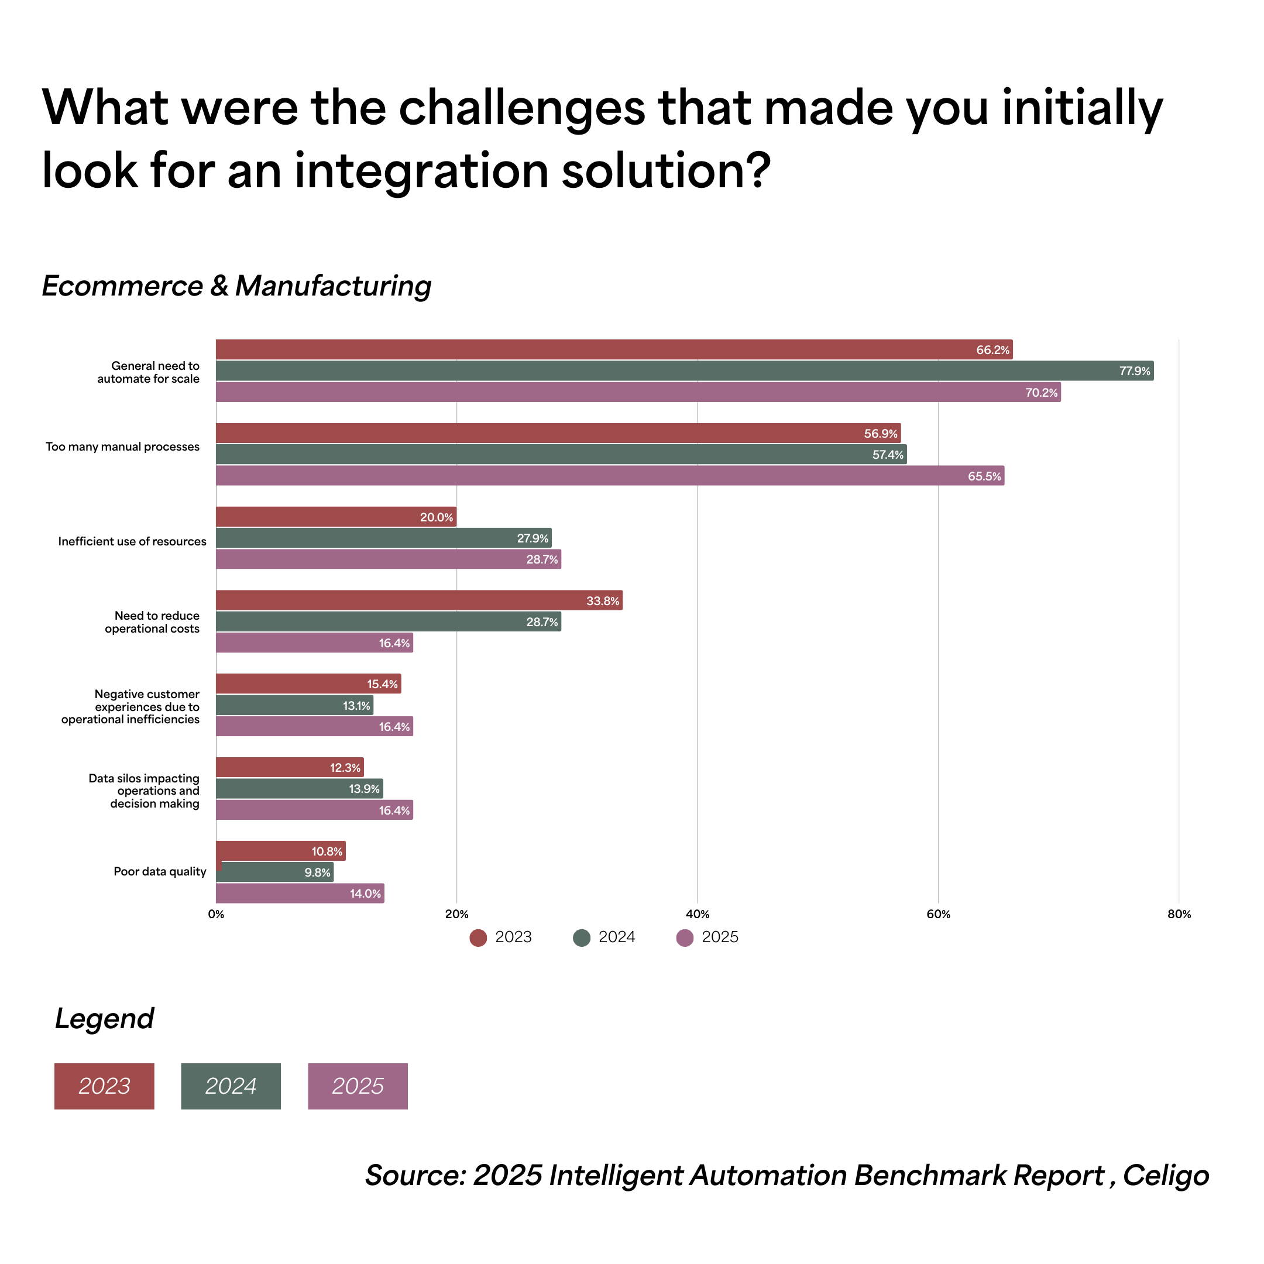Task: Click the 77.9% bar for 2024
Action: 683,371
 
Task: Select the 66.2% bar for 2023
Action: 614,349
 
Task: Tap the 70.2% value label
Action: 1041,393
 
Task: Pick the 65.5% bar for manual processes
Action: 610,476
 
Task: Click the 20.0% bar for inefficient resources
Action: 336,517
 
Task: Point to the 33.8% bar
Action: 419,600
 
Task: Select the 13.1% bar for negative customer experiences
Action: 294,705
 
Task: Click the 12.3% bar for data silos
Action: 289,767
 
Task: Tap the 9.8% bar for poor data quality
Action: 275,872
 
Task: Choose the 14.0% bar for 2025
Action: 300,893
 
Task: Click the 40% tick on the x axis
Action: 698,915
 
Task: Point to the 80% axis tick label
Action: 1179,915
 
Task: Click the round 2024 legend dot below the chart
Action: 582,937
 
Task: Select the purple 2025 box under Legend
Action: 357,1086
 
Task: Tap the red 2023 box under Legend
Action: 104,1086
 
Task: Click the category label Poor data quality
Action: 160,871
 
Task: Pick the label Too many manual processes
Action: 122,447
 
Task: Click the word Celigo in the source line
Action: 1166,1176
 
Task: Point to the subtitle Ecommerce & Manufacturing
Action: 236,286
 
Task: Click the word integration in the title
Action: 421,171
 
